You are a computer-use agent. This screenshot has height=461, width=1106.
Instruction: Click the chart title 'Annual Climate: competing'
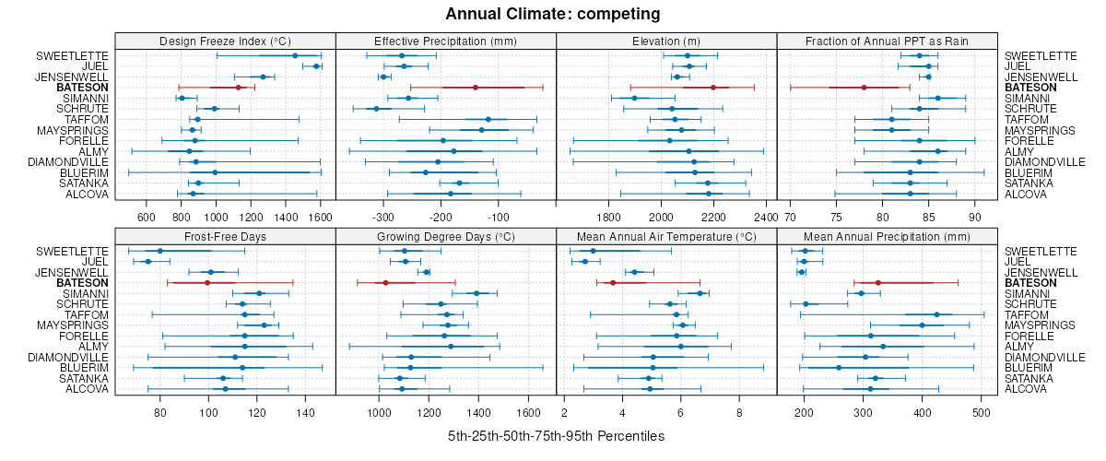pyautogui.click(x=552, y=14)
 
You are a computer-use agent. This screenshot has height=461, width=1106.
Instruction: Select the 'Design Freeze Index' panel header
pyautogui.click(x=225, y=41)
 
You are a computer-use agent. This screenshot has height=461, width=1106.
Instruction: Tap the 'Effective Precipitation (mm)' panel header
pyautogui.click(x=445, y=41)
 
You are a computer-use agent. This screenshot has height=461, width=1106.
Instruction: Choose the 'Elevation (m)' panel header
pyautogui.click(x=666, y=41)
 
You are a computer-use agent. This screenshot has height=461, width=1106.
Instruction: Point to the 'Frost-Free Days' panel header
pyautogui.click(x=225, y=236)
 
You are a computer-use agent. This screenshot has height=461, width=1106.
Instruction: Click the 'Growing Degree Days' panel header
pyautogui.click(x=445, y=236)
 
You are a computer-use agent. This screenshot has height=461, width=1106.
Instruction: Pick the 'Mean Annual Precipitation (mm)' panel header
pyautogui.click(x=887, y=236)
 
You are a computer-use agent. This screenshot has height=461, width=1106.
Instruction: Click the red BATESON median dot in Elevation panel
pyautogui.click(x=713, y=88)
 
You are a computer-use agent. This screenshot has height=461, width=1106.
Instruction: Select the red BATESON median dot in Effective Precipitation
pyautogui.click(x=476, y=88)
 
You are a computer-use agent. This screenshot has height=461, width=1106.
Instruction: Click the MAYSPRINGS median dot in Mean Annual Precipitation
pyautogui.click(x=922, y=325)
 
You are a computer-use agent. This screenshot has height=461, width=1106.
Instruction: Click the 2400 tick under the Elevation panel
pyautogui.click(x=765, y=217)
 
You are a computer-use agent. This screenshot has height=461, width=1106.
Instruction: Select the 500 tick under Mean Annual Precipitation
pyautogui.click(x=980, y=412)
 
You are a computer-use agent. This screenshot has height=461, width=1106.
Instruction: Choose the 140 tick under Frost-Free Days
pyautogui.click(x=304, y=412)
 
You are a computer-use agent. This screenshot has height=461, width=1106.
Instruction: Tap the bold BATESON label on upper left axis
pyautogui.click(x=82, y=88)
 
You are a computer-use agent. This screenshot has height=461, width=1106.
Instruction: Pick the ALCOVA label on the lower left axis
pyautogui.click(x=88, y=388)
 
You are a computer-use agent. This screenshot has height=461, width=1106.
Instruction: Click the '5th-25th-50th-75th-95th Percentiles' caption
pyautogui.click(x=556, y=435)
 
